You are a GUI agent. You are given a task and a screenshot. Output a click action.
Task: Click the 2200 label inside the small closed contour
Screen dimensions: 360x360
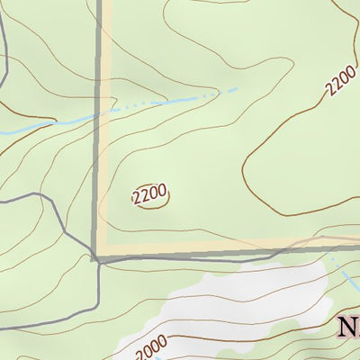coord(150,194)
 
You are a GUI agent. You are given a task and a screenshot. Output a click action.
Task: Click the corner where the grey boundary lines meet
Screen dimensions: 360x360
coord(95,257)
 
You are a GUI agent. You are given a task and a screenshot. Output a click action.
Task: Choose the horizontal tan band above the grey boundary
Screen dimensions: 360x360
coord(225,245)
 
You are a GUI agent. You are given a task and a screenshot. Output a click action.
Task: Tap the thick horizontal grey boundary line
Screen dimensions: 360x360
coord(225,254)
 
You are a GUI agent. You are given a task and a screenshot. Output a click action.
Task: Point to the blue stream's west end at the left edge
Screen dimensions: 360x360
coord(3,133)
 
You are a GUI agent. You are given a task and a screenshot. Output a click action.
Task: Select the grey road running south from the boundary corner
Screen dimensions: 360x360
coord(96,288)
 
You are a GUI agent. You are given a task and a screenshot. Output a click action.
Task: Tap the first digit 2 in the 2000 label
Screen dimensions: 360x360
coord(139,352)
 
